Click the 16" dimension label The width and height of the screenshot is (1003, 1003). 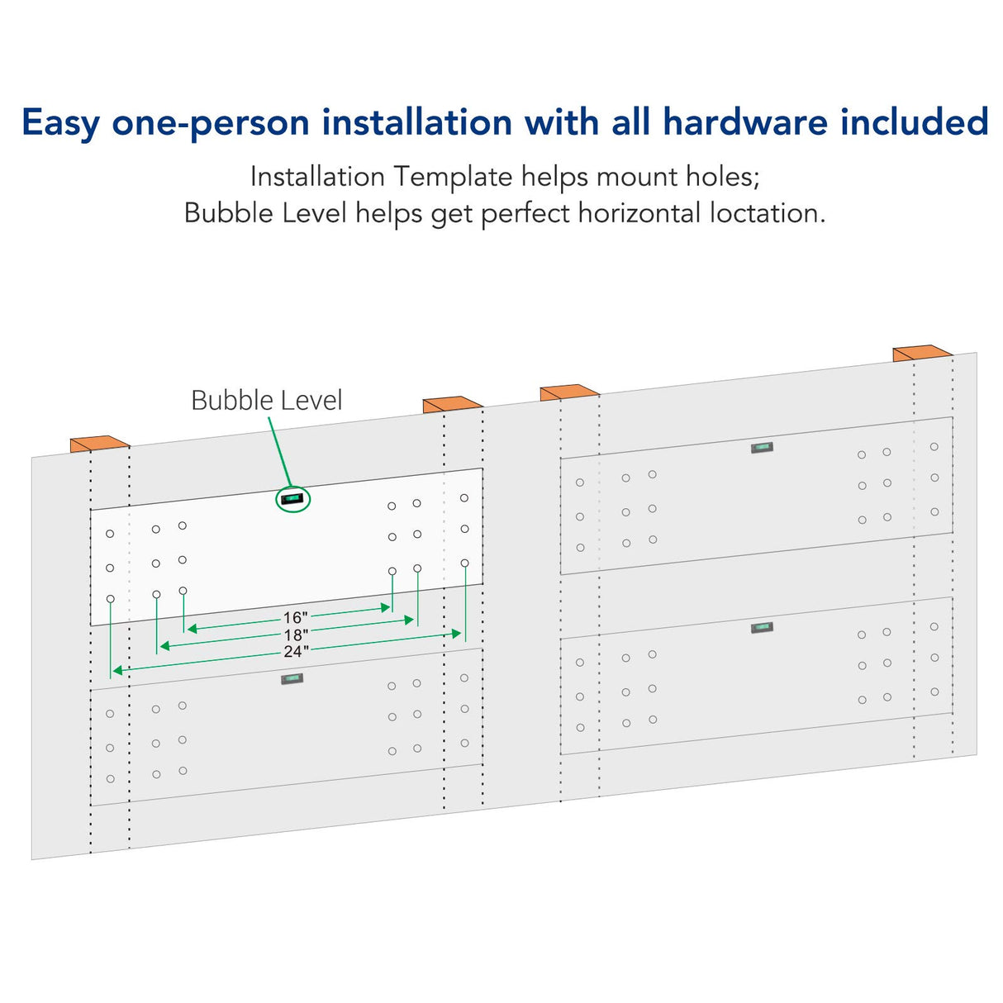[x=295, y=617]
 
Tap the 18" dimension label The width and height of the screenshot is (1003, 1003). [x=296, y=635]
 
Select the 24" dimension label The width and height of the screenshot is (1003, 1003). [x=296, y=651]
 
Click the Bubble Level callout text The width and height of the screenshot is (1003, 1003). [x=267, y=401]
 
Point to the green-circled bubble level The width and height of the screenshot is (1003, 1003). [x=292, y=499]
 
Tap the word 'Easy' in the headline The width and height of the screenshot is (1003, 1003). [x=60, y=124]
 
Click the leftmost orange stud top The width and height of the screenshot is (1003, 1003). [x=99, y=444]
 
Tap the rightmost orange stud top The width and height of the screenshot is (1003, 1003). [x=922, y=354]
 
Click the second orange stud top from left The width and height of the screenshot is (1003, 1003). [x=452, y=405]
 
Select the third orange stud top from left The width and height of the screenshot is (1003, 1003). [x=569, y=392]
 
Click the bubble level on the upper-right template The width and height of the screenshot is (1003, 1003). [x=762, y=447]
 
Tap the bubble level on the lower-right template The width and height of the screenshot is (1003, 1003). [x=762, y=627]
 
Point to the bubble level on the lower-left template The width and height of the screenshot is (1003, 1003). [x=292, y=679]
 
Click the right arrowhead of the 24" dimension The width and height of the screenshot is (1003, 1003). [x=457, y=634]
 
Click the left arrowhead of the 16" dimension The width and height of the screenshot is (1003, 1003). [x=192, y=629]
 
